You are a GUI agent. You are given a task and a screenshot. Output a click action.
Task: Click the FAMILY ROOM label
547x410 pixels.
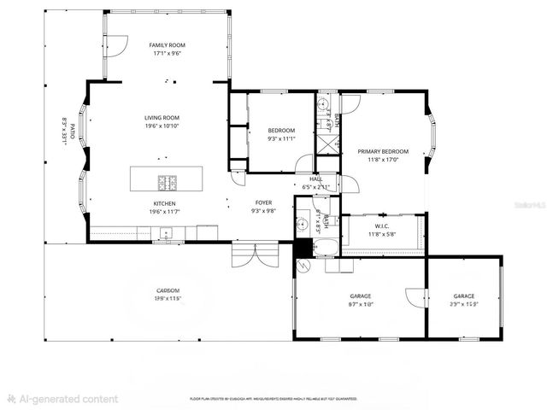167,45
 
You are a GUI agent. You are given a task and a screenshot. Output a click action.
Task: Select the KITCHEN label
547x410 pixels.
165,203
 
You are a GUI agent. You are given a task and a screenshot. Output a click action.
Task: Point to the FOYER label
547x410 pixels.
263,203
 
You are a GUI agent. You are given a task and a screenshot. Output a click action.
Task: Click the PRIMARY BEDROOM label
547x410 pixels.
382,151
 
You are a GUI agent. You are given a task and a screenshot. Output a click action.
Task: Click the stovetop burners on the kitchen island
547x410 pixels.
168,182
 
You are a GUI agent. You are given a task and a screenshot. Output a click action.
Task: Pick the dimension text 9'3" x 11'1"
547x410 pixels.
281,138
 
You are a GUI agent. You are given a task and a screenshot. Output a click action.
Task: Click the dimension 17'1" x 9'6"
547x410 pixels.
167,53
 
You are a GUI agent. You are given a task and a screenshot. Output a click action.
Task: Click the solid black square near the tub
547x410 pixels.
302,248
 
